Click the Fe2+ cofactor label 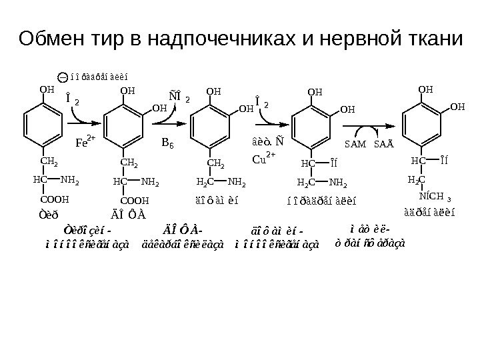[85, 141]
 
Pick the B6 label [168, 142]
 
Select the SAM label [353, 143]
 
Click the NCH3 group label [435, 197]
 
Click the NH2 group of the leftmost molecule [69, 179]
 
